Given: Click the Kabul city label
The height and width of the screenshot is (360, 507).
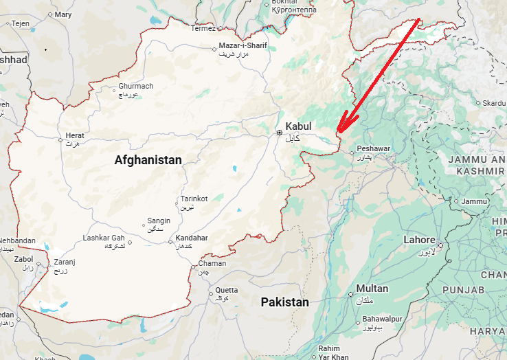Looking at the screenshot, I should coord(298,126).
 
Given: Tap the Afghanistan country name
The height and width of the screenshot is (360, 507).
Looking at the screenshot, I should coord(148,160).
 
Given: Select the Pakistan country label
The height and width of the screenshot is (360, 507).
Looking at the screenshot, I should coord(284,302).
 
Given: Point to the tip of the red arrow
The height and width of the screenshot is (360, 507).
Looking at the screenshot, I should coord(337,132).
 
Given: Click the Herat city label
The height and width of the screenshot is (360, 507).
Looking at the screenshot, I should coord(75,136).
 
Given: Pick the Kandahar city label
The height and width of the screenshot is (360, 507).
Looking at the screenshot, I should coord(192,238).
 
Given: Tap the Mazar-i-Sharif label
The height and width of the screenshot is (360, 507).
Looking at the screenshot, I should coord(243,46).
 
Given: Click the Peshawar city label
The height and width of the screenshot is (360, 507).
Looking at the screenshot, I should coord(374,148).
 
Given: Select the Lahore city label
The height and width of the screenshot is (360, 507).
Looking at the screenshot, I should coord(419,240).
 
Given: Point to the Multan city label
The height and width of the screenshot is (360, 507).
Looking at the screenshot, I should coord(372,289).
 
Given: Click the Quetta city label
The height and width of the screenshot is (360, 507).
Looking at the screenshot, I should coord(227,290).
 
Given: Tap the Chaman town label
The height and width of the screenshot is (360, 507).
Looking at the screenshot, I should coord(212,264).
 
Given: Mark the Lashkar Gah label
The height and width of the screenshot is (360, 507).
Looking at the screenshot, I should coord(104,238).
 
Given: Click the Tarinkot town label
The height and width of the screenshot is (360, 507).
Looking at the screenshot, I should coord(194,199).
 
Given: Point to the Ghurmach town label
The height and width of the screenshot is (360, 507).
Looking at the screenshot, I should coord(136,87).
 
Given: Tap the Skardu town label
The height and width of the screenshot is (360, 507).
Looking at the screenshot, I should coord(493,103).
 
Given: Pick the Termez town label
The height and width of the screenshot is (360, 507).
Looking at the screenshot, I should coord(203,28).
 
